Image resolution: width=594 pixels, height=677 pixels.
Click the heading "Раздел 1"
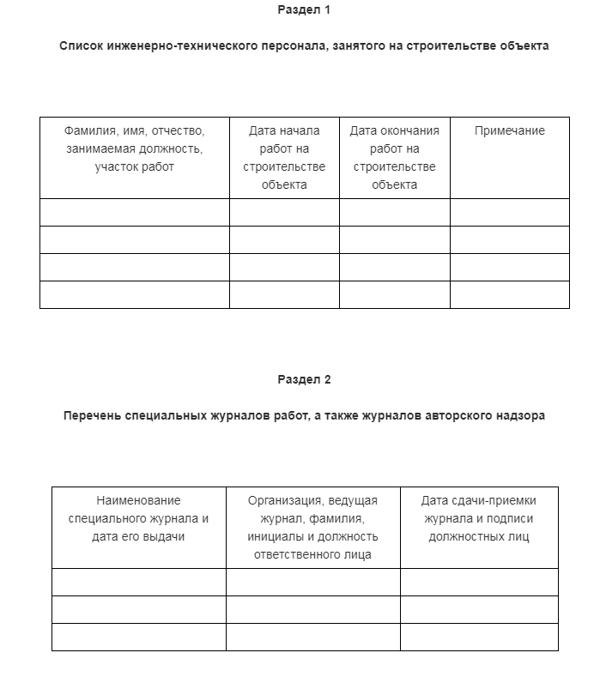(304, 10)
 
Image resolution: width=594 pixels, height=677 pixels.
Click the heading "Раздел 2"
(304, 379)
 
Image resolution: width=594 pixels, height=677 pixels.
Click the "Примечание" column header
(509, 131)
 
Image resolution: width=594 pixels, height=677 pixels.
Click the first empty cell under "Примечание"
(509, 212)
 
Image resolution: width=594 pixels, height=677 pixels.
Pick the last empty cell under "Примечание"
(509, 294)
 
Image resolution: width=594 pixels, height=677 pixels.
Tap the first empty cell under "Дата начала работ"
(284, 212)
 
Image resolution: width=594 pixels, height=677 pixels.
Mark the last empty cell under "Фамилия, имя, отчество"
(134, 294)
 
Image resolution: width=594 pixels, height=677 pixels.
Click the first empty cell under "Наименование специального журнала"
(138, 582)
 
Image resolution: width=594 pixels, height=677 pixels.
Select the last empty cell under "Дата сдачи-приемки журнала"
(478, 637)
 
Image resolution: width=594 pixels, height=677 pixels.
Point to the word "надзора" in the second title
(519, 416)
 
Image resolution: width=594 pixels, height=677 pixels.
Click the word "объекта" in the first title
(524, 46)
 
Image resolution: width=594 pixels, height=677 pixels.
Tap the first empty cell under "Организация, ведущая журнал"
(312, 582)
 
